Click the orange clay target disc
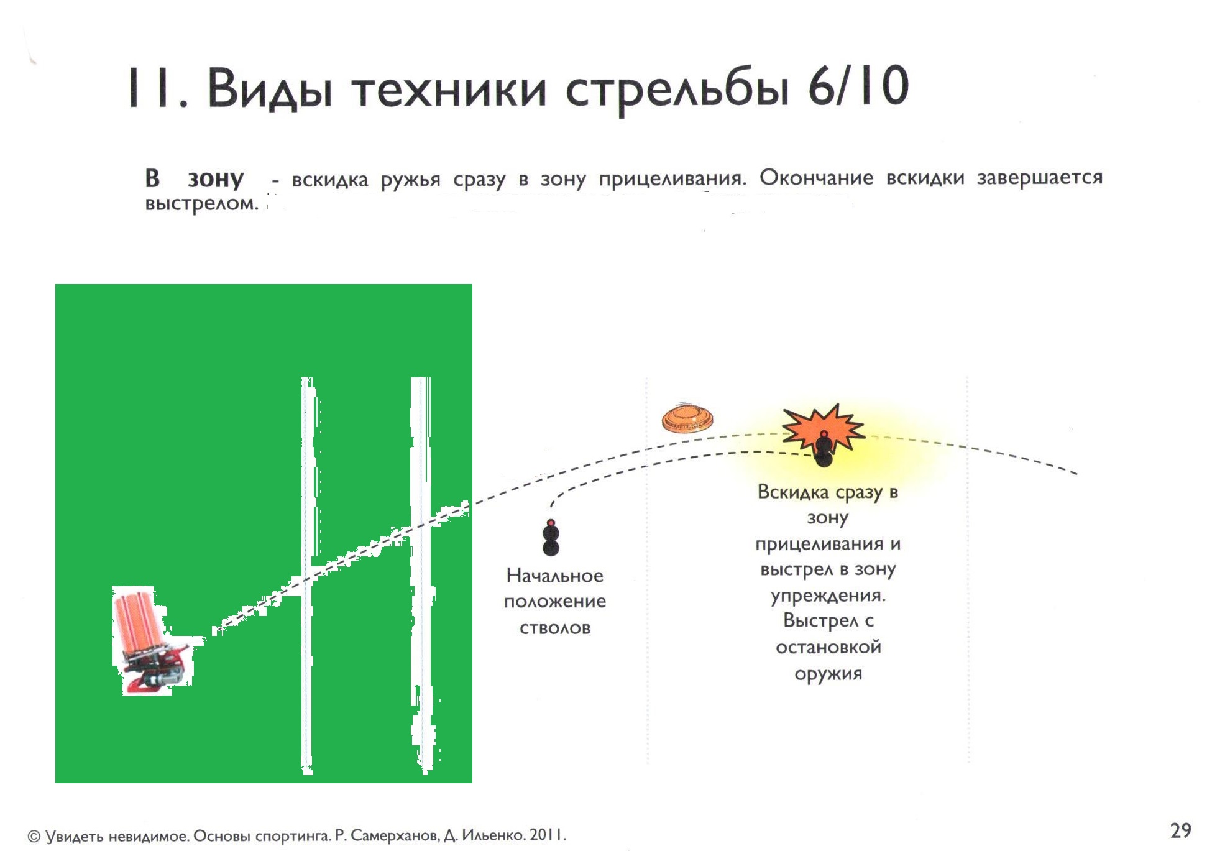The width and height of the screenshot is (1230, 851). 687,418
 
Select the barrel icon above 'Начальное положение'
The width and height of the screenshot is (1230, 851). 551,537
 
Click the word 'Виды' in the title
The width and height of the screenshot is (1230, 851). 269,88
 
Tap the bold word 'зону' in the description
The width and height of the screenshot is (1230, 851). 216,179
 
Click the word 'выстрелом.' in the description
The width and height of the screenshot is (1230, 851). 201,203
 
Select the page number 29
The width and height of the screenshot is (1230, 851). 1180,830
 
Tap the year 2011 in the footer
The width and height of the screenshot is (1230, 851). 548,835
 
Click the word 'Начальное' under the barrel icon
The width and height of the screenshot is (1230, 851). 554,576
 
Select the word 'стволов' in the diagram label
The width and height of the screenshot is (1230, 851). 554,628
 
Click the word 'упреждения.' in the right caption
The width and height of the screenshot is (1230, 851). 828,596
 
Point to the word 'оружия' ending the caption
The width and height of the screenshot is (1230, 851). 828,674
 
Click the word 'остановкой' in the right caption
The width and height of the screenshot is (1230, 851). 828,647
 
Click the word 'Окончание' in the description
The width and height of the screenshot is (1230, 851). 816,178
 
